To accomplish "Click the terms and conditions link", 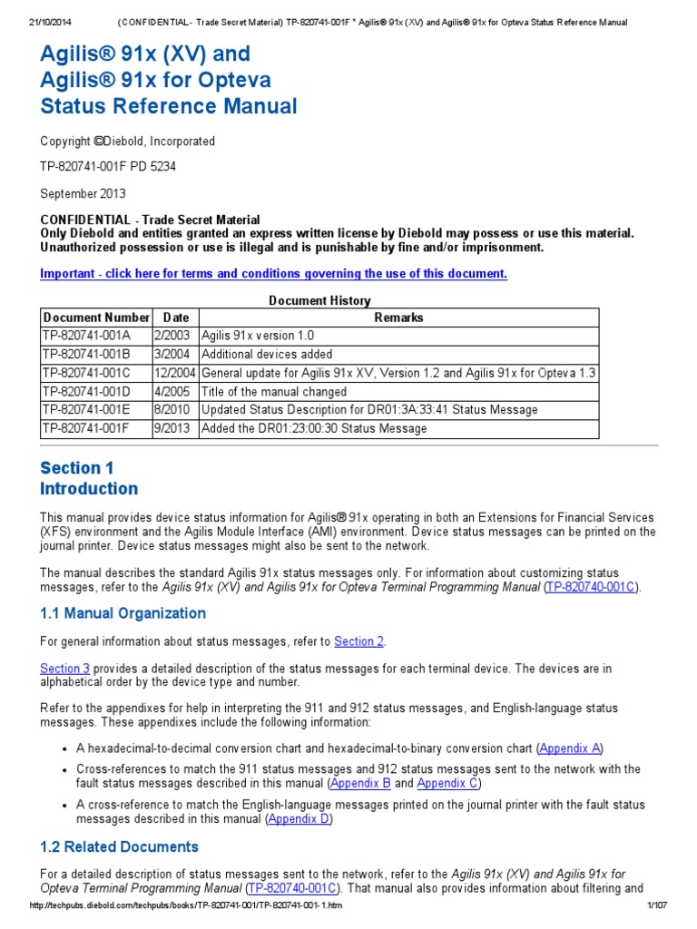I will pyautogui.click(x=273, y=274).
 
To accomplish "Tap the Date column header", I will pyautogui.click(x=176, y=318).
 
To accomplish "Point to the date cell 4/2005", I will pyautogui.click(x=171, y=392).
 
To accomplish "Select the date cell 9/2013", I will pyautogui.click(x=171, y=428).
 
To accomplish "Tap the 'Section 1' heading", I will pyautogui.click(x=77, y=468).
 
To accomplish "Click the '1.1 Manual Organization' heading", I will pyautogui.click(x=123, y=613).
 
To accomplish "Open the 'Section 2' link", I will pyautogui.click(x=359, y=641).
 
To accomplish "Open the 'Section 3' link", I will pyautogui.click(x=64, y=669).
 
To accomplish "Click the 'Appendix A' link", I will pyautogui.click(x=570, y=748).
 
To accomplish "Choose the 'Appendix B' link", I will pyautogui.click(x=360, y=783).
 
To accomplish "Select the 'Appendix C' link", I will pyautogui.click(x=447, y=783).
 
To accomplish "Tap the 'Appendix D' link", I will pyautogui.click(x=299, y=818).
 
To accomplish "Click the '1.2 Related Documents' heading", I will pyautogui.click(x=119, y=846).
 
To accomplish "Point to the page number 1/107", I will pyautogui.click(x=655, y=907).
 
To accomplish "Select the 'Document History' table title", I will pyautogui.click(x=319, y=300).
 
